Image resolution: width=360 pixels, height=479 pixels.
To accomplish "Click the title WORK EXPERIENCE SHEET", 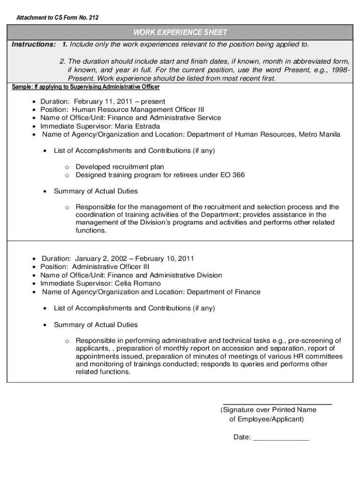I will [x=180, y=32].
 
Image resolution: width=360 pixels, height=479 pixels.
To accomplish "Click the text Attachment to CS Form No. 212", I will [x=58, y=18].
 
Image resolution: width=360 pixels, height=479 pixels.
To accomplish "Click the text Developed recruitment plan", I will [x=120, y=167].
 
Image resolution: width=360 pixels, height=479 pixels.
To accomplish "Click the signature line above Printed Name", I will [x=277, y=403].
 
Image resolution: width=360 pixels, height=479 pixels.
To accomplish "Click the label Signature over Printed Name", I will [x=268, y=410].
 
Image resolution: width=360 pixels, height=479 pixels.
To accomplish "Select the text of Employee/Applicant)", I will [x=266, y=419].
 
